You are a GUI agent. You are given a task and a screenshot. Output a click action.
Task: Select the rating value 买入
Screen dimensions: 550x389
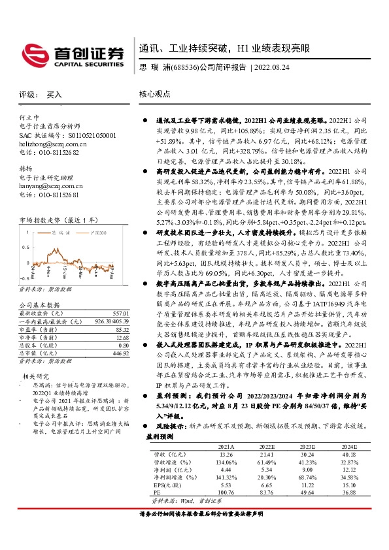click(54, 95)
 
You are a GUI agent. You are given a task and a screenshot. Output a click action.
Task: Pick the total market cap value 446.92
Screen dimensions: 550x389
click(120, 351)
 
